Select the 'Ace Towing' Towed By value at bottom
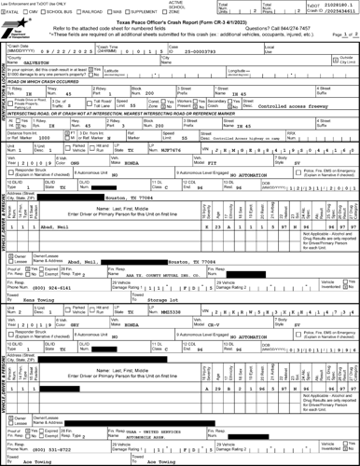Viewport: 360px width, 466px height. click(x=44, y=461)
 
